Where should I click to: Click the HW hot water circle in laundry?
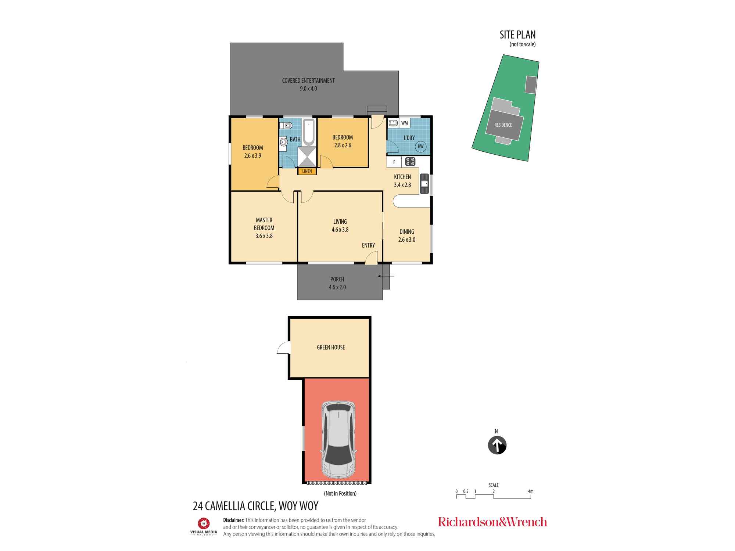pyautogui.click(x=421, y=146)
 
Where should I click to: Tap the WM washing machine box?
pyautogui.click(x=404, y=123)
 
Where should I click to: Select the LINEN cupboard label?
pyautogui.click(x=307, y=171)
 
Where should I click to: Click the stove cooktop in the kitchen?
pyautogui.click(x=410, y=161)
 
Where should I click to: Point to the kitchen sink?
pyautogui.click(x=424, y=184)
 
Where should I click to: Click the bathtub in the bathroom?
pyautogui.click(x=309, y=132)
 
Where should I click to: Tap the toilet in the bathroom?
pyautogui.click(x=286, y=126)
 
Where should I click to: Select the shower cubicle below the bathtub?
pyautogui.click(x=307, y=157)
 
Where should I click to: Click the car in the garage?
pyautogui.click(x=338, y=440)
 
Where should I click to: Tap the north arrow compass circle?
pyautogui.click(x=497, y=445)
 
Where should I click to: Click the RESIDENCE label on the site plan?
pyautogui.click(x=503, y=125)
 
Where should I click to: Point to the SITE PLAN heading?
pyautogui.click(x=517, y=35)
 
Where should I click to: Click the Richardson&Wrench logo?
pyautogui.click(x=492, y=522)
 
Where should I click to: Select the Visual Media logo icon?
pyautogui.click(x=204, y=523)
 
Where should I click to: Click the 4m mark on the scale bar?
pyautogui.click(x=531, y=491)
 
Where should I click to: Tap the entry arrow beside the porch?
pyautogui.click(x=386, y=276)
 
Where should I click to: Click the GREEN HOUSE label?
pyautogui.click(x=331, y=347)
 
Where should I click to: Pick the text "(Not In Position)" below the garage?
pyautogui.click(x=340, y=493)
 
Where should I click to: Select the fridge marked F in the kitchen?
pyautogui.click(x=394, y=162)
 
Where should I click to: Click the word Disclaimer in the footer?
pyautogui.click(x=234, y=520)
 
